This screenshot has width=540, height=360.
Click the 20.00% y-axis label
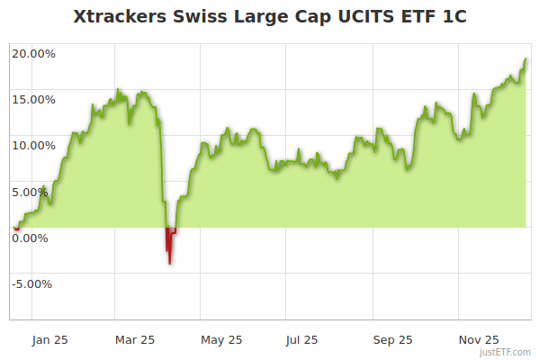33,53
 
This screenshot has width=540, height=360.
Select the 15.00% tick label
33,99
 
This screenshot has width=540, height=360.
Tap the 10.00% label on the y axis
33,145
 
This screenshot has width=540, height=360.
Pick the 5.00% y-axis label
36,191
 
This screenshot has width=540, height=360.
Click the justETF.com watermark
506,352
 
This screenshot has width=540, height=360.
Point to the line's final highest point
526,58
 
